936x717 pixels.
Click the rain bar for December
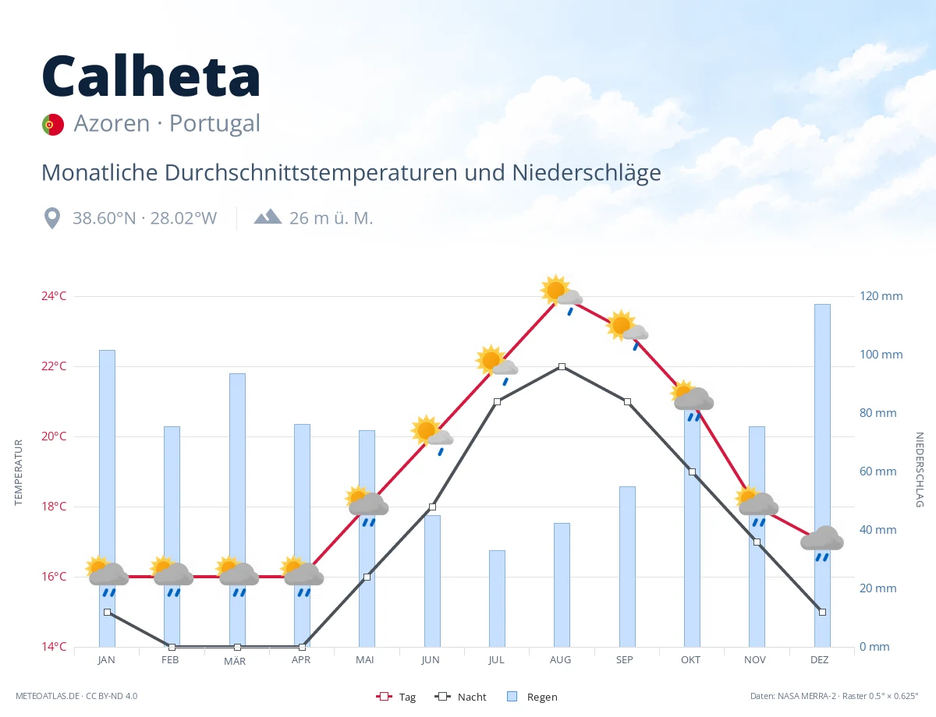tap(822, 475)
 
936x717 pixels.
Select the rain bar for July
tap(497, 599)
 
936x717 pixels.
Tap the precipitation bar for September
tap(627, 567)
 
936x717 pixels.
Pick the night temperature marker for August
tap(562, 366)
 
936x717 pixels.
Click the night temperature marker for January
tap(108, 612)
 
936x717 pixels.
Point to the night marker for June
tap(432, 507)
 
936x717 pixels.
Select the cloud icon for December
tap(822, 543)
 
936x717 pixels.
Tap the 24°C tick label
tap(54, 296)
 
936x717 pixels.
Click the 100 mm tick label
tap(881, 355)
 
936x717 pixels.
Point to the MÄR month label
tap(235, 661)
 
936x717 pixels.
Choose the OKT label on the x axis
tap(690, 660)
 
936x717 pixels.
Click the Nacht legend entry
tap(460, 697)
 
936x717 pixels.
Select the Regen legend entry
tap(532, 697)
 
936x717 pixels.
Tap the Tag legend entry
tap(396, 697)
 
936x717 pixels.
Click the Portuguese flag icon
tap(53, 125)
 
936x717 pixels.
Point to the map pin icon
tap(52, 218)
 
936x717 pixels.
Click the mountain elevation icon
tap(268, 217)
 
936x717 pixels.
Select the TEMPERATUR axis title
tap(18, 472)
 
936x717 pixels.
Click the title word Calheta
tap(151, 76)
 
